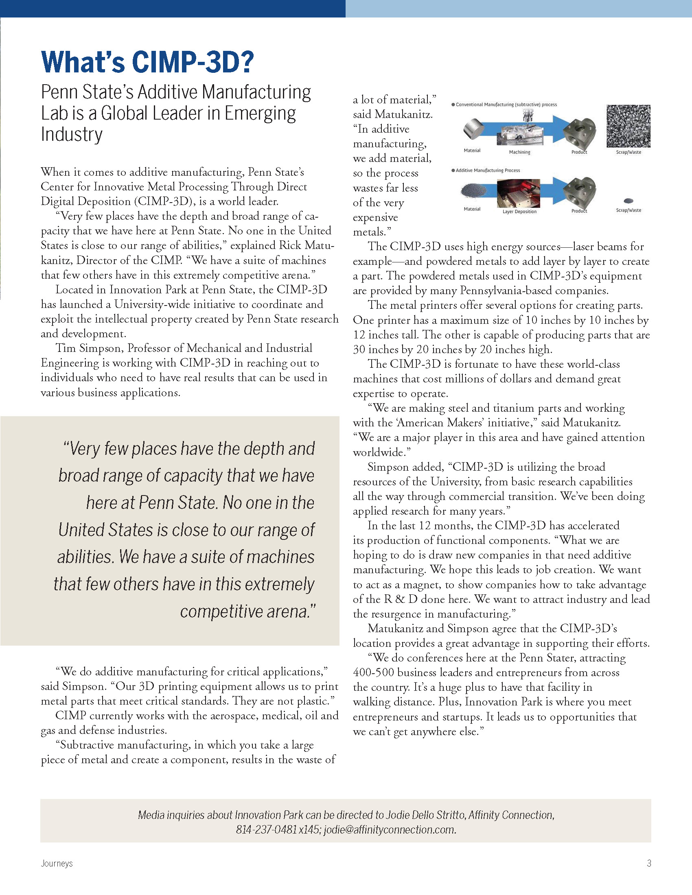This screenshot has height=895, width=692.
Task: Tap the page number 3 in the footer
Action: pyautogui.click(x=648, y=863)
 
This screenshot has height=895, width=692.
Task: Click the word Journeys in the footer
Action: pyautogui.click(x=57, y=863)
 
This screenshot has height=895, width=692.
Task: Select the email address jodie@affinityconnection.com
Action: pyautogui.click(x=390, y=830)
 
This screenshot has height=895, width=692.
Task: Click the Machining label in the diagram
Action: pyautogui.click(x=519, y=152)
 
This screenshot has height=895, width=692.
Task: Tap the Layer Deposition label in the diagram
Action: pyautogui.click(x=519, y=212)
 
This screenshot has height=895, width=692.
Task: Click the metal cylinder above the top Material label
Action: pyautogui.click(x=473, y=128)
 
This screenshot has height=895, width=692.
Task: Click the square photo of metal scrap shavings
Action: pyautogui.click(x=628, y=126)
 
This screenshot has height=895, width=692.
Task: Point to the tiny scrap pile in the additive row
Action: pyautogui.click(x=628, y=201)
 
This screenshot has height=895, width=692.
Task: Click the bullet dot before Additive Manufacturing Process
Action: pyautogui.click(x=453, y=170)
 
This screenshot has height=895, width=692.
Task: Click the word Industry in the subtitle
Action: pyautogui.click(x=72, y=134)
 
